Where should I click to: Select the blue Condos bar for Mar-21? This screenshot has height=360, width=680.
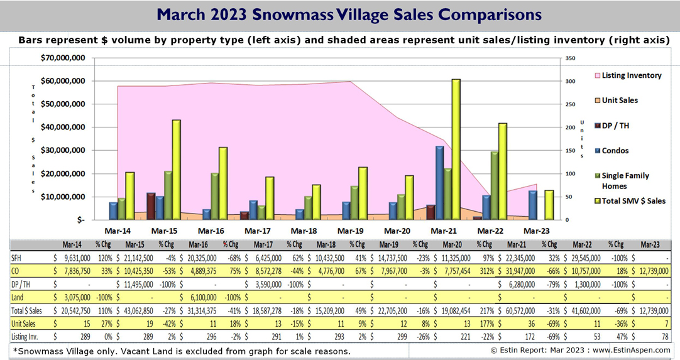440,183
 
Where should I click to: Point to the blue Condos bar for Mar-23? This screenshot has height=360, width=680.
533,205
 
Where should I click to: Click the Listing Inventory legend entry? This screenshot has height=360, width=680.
631,75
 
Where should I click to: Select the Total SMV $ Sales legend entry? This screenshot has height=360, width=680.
633,201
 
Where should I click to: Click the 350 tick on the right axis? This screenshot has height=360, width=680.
570,58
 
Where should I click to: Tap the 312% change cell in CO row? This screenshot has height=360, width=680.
484,271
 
